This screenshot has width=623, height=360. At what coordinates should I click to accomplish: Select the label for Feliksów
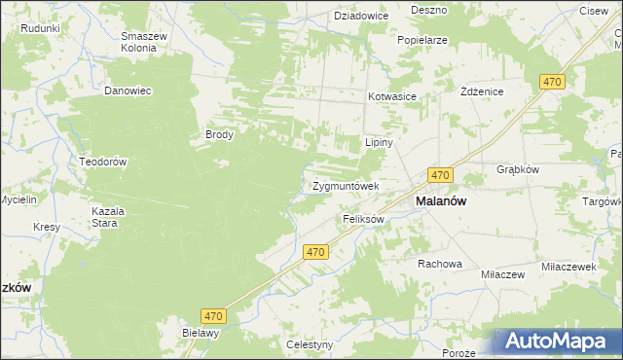coord(364,220)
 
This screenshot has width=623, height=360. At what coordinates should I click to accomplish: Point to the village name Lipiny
coord(378,142)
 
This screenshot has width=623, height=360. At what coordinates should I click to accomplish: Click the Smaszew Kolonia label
coord(143,43)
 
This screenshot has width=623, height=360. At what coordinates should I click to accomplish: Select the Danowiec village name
coord(128,90)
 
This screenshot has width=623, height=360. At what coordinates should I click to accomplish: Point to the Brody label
coord(218,135)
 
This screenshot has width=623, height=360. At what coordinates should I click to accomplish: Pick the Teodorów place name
coord(104,162)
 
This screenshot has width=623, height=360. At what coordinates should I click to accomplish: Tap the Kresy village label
coord(47,227)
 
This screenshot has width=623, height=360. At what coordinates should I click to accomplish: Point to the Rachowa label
coord(439,264)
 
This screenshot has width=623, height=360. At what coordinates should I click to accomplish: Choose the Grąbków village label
coord(517,167)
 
